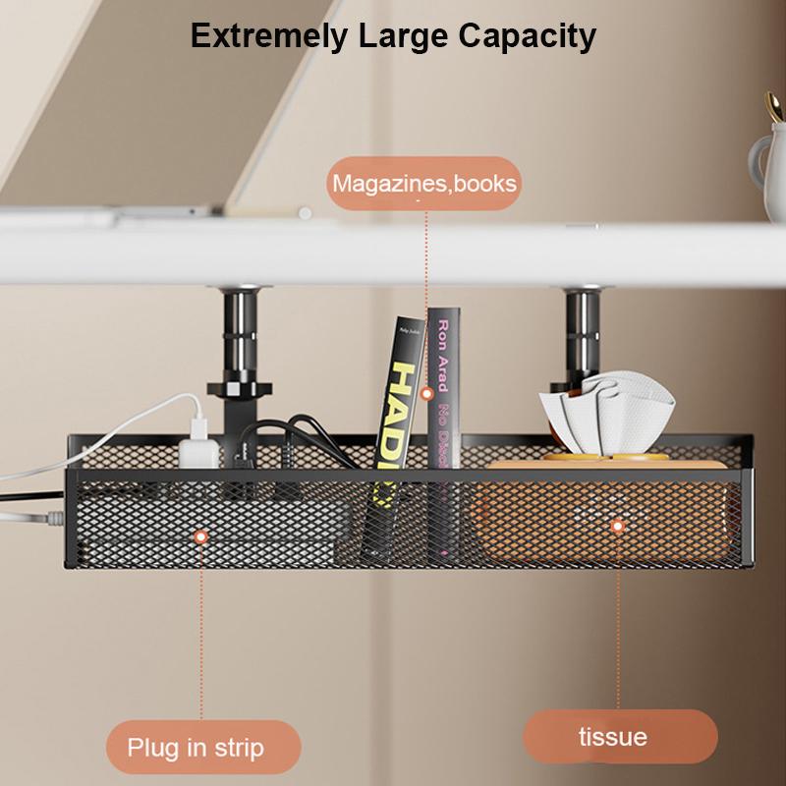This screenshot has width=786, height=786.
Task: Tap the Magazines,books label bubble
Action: pos(423,184)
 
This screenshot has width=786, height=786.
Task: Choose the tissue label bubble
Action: pos(620,736)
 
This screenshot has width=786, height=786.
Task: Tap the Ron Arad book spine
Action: pos(443,393)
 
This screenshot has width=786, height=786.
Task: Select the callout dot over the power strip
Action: pos(200,537)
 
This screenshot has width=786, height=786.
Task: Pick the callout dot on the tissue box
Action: pos(618,526)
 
